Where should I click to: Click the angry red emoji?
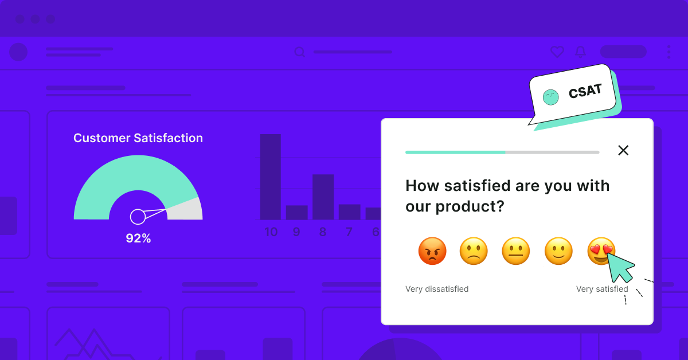click(x=432, y=251)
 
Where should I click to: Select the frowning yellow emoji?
click(x=474, y=251)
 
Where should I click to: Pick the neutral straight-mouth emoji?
click(x=515, y=251)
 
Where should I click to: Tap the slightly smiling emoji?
click(x=558, y=251)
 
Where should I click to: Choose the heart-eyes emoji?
click(x=601, y=251)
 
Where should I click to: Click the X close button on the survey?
click(x=623, y=151)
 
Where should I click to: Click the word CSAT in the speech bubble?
click(x=585, y=91)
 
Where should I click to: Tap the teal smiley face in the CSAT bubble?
click(x=551, y=97)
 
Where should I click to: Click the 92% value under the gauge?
click(x=138, y=238)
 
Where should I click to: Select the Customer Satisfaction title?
click(x=138, y=138)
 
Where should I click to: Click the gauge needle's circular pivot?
click(x=138, y=217)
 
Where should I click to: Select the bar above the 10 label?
click(x=271, y=177)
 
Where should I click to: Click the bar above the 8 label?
click(x=323, y=197)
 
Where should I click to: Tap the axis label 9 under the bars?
click(x=296, y=232)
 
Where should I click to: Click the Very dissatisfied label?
click(x=437, y=289)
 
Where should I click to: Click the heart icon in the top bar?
click(x=557, y=52)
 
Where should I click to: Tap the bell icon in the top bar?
click(x=580, y=52)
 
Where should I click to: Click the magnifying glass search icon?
click(x=299, y=52)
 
